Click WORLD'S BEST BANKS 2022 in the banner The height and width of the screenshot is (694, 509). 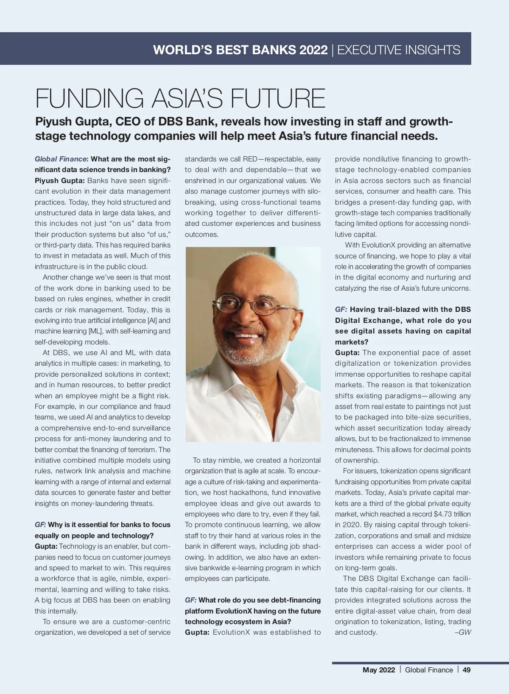(240, 50)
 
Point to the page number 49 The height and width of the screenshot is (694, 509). (467, 670)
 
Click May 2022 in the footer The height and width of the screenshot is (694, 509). (378, 670)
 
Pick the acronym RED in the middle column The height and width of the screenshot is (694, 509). (250, 159)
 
